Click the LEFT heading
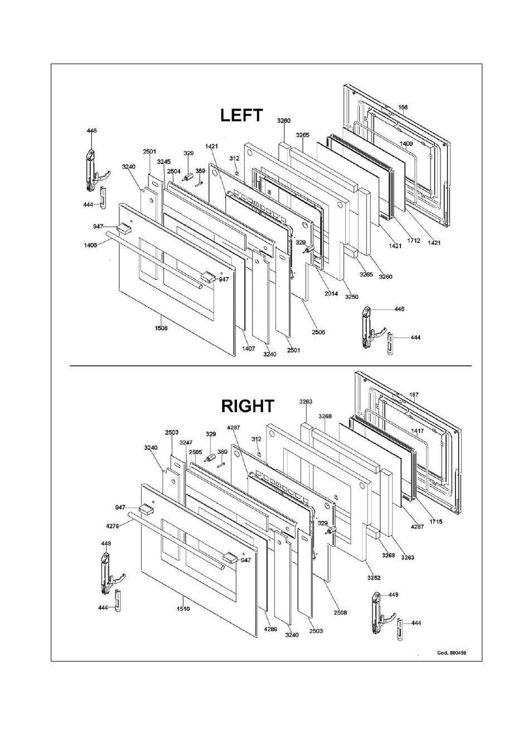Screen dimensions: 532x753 click(241, 115)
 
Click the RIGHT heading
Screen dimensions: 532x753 click(248, 406)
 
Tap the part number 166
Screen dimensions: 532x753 click(403, 107)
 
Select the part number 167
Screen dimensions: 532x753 click(414, 394)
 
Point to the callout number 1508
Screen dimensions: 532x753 click(161, 328)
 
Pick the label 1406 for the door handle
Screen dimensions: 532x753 click(90, 245)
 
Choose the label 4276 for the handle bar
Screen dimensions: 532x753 click(113, 526)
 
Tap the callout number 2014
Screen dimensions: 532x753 click(331, 293)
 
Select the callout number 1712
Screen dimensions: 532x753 click(414, 241)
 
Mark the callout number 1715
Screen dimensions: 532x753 click(436, 522)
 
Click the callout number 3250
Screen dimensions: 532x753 click(351, 297)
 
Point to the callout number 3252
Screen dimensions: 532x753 click(374, 577)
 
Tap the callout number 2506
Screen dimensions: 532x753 click(318, 332)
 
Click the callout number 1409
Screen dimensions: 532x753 click(406, 143)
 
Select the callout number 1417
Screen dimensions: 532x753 click(417, 431)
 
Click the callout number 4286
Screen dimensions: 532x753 click(270, 629)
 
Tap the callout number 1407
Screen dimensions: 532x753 click(249, 349)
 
